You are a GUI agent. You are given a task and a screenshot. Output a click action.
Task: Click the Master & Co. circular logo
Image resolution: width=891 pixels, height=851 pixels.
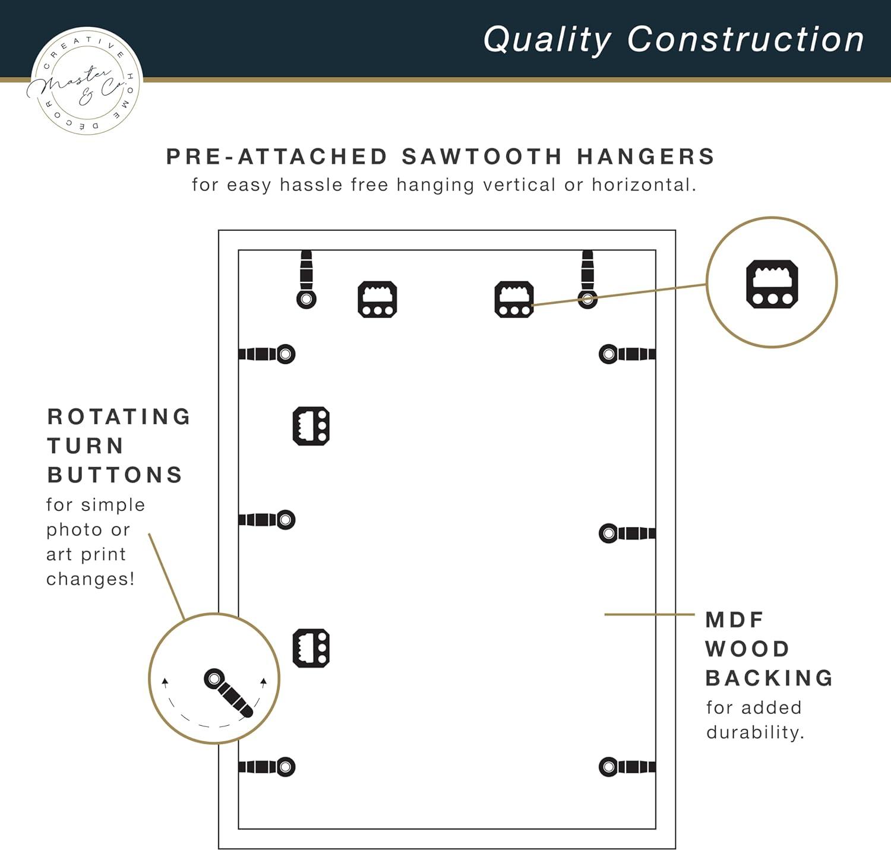click(x=84, y=81)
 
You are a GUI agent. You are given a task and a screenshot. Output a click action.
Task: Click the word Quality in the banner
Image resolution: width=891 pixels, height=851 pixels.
click(x=547, y=40)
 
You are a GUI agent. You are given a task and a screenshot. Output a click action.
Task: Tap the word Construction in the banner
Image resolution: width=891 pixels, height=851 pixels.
click(x=745, y=39)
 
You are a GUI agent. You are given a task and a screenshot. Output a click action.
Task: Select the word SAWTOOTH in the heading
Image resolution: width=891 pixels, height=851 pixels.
click(x=481, y=157)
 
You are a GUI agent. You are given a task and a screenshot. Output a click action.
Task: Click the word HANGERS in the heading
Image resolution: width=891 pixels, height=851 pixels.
click(x=646, y=157)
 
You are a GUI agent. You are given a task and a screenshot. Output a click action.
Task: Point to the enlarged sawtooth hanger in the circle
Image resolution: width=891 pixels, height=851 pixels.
click(x=772, y=284)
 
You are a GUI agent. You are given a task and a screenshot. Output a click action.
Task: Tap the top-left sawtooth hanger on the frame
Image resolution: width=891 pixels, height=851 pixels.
click(x=377, y=299)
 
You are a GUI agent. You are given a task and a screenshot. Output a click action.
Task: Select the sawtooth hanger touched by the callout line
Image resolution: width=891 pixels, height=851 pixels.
click(x=514, y=299)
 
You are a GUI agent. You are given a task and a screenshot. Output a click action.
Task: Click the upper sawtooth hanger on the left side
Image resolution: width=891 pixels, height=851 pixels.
click(x=311, y=426)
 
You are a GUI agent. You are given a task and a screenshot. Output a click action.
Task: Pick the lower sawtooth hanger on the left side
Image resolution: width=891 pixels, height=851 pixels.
click(x=311, y=648)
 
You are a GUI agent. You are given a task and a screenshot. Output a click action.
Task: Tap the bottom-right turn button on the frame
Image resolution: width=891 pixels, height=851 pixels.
click(x=627, y=767)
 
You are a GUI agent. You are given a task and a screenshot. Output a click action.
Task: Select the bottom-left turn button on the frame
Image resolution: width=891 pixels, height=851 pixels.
click(x=267, y=767)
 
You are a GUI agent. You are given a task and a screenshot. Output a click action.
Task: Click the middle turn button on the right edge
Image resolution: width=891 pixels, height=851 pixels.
click(x=627, y=533)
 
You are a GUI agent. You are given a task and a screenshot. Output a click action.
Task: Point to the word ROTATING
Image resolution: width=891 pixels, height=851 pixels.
click(x=119, y=417)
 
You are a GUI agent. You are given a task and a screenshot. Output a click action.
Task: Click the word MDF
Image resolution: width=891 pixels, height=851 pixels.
click(x=734, y=620)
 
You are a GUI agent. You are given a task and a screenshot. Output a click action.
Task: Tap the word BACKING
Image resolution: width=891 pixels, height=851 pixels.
click(x=769, y=678)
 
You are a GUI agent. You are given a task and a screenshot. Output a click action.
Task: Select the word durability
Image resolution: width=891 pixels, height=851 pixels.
click(x=755, y=732)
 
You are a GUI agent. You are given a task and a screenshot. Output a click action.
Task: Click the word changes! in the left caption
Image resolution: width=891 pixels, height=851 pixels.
click(x=90, y=579)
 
